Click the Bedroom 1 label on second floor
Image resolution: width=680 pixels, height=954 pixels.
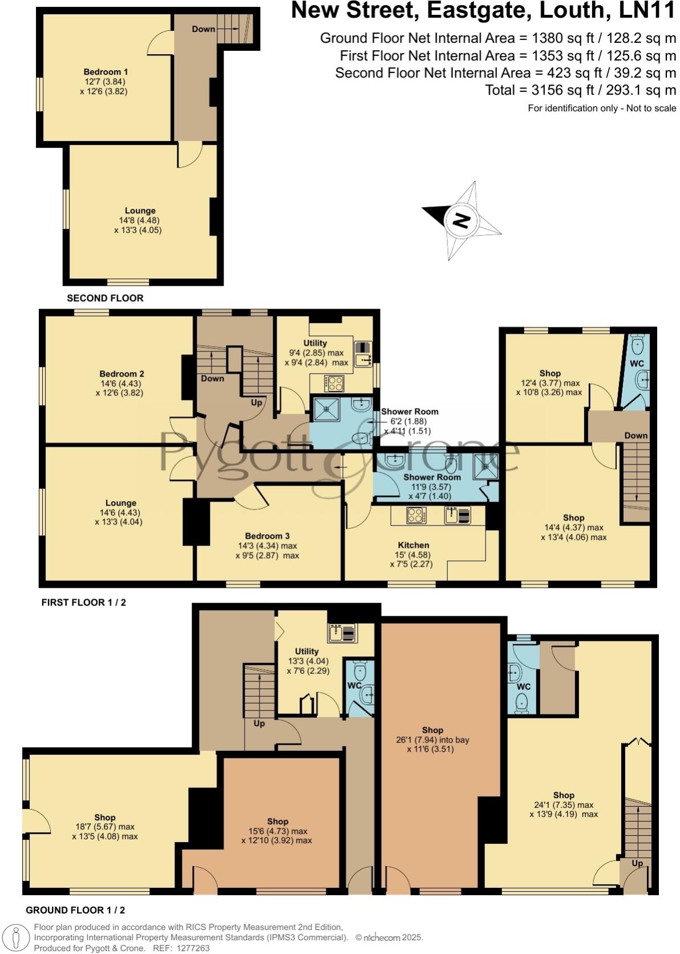[106, 72]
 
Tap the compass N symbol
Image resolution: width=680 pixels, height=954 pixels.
[461, 220]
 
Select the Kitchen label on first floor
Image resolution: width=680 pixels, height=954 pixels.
[413, 545]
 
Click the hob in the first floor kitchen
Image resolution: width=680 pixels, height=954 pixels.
[415, 515]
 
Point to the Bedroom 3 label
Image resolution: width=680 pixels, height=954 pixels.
[267, 536]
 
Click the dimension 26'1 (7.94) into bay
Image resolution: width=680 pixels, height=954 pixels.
[432, 739]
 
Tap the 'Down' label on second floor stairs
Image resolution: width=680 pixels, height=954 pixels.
[203, 29]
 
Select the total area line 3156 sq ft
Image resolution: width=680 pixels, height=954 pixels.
[580, 90]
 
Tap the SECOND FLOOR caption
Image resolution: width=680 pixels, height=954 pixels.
[105, 298]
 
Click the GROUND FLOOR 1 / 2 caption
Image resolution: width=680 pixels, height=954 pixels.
[75, 910]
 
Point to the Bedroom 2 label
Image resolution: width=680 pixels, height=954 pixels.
[122, 374]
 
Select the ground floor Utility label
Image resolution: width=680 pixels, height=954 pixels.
[306, 651]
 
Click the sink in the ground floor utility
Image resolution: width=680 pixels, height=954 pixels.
[342, 633]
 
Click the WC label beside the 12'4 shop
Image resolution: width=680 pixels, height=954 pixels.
[637, 363]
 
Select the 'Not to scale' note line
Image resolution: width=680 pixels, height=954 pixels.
[602, 108]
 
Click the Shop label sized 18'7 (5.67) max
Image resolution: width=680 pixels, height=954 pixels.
[105, 818]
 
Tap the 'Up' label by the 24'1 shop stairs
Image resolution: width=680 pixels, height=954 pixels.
[637, 863]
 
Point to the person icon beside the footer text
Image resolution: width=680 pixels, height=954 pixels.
[17, 937]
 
